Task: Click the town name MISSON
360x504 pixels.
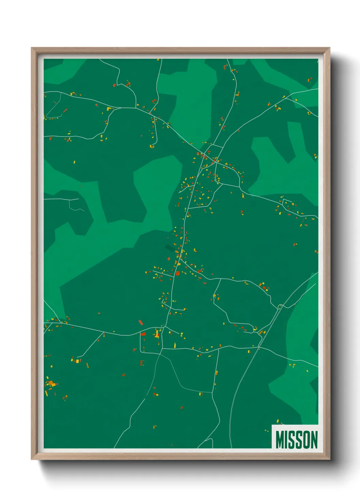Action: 296,439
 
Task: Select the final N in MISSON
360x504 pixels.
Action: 314,439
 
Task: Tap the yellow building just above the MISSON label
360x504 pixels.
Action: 278,422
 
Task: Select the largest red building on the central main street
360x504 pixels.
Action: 177,273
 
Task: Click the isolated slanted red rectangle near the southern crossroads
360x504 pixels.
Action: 141,322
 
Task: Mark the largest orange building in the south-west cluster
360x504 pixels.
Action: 51,383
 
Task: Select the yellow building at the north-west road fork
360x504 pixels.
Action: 109,109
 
